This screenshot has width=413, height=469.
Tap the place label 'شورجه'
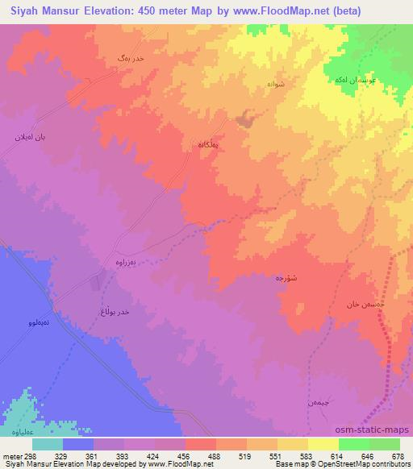pyautogui.click(x=290, y=276)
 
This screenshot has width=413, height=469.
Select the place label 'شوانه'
pyautogui.click(x=275, y=83)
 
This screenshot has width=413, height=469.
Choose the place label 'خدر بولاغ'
pyautogui.click(x=113, y=310)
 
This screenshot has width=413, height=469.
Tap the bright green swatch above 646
pyautogui.click(x=353, y=442)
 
